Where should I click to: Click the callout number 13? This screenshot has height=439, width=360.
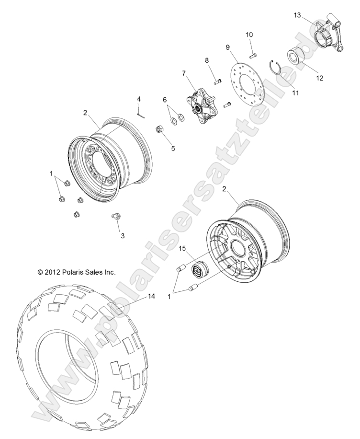coord(297,16)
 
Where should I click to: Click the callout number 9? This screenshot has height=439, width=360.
coord(228,47)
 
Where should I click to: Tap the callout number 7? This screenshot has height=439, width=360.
coord(183,73)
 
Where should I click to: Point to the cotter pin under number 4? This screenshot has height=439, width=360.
coord(139,114)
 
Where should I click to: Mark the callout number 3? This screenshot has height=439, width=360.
coord(123,236)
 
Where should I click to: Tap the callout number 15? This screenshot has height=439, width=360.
coord(182,248)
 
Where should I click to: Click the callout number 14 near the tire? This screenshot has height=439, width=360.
coord(151,297)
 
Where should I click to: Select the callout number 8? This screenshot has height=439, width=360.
coord(207,60)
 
